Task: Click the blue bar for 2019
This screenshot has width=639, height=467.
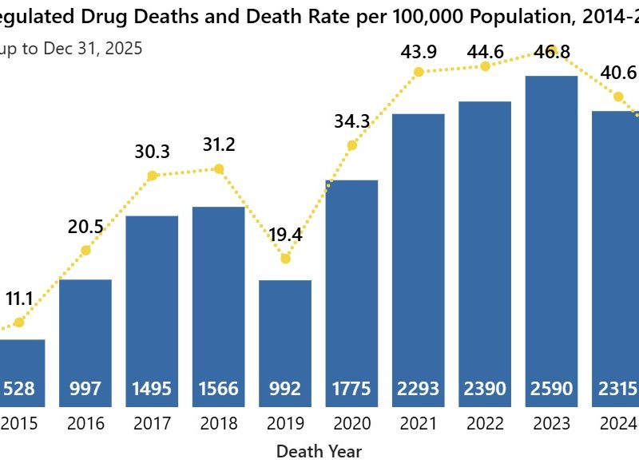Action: pyautogui.click(x=285, y=335)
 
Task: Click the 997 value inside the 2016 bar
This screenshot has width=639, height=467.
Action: pyautogui.click(x=85, y=389)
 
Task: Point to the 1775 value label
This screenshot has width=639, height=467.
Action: pyautogui.click(x=351, y=389)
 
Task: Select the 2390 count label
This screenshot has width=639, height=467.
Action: pyautogui.click(x=485, y=389)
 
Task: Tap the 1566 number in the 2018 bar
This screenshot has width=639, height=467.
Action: pyautogui.click(x=219, y=389)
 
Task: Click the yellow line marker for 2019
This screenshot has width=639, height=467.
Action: pyautogui.click(x=285, y=258)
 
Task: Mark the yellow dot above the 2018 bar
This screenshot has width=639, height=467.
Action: pyautogui.click(x=219, y=168)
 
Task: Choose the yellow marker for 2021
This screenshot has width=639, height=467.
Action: pyautogui.click(x=419, y=72)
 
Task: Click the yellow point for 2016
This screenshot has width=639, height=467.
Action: pyautogui.click(x=85, y=250)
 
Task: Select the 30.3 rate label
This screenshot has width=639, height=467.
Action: pyautogui.click(x=152, y=152)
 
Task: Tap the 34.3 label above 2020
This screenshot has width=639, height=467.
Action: pyautogui.click(x=351, y=121)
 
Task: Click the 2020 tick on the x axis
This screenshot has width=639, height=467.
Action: pyautogui.click(x=351, y=423)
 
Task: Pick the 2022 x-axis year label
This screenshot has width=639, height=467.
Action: pyautogui.click(x=485, y=423)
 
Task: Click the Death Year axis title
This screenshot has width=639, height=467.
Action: pyautogui.click(x=319, y=451)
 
